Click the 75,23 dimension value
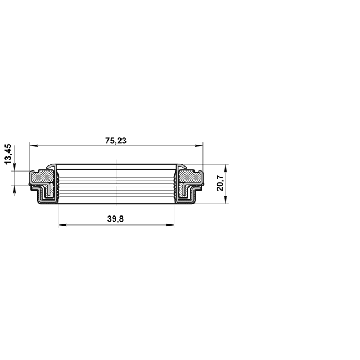tap(116, 141)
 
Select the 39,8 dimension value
tap(115, 219)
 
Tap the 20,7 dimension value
tap(220, 183)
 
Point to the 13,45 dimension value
tap(8, 154)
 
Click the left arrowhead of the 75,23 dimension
tap(34, 145)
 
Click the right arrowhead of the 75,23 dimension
tap(199, 145)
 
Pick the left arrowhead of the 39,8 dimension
tap(62, 225)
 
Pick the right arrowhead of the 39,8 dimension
tap(170, 225)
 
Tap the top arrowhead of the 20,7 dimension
tap(226, 168)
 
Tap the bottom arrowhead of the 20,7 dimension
tap(226, 199)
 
